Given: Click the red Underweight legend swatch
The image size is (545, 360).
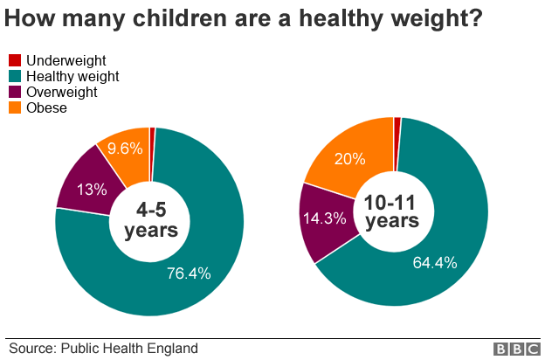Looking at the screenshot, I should pyautogui.click(x=15, y=60).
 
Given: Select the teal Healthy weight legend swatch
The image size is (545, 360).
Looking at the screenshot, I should pyautogui.click(x=15, y=76).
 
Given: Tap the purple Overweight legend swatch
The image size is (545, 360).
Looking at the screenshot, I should pyautogui.click(x=15, y=92).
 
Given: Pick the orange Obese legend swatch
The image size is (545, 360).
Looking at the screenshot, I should pyautogui.click(x=15, y=107).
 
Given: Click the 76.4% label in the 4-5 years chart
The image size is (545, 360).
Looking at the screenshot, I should pyautogui.click(x=189, y=273).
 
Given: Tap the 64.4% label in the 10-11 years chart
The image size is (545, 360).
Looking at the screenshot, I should pyautogui.click(x=435, y=262).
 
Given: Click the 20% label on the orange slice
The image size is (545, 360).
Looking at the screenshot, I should pyautogui.click(x=348, y=158).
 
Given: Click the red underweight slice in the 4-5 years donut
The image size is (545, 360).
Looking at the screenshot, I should pyautogui.click(x=152, y=133).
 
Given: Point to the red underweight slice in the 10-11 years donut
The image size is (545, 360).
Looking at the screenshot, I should pyautogui.click(x=397, y=121).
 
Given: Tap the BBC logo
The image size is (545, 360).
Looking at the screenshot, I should pyautogui.click(x=516, y=349).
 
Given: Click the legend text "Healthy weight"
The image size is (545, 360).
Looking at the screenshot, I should pyautogui.click(x=72, y=76).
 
